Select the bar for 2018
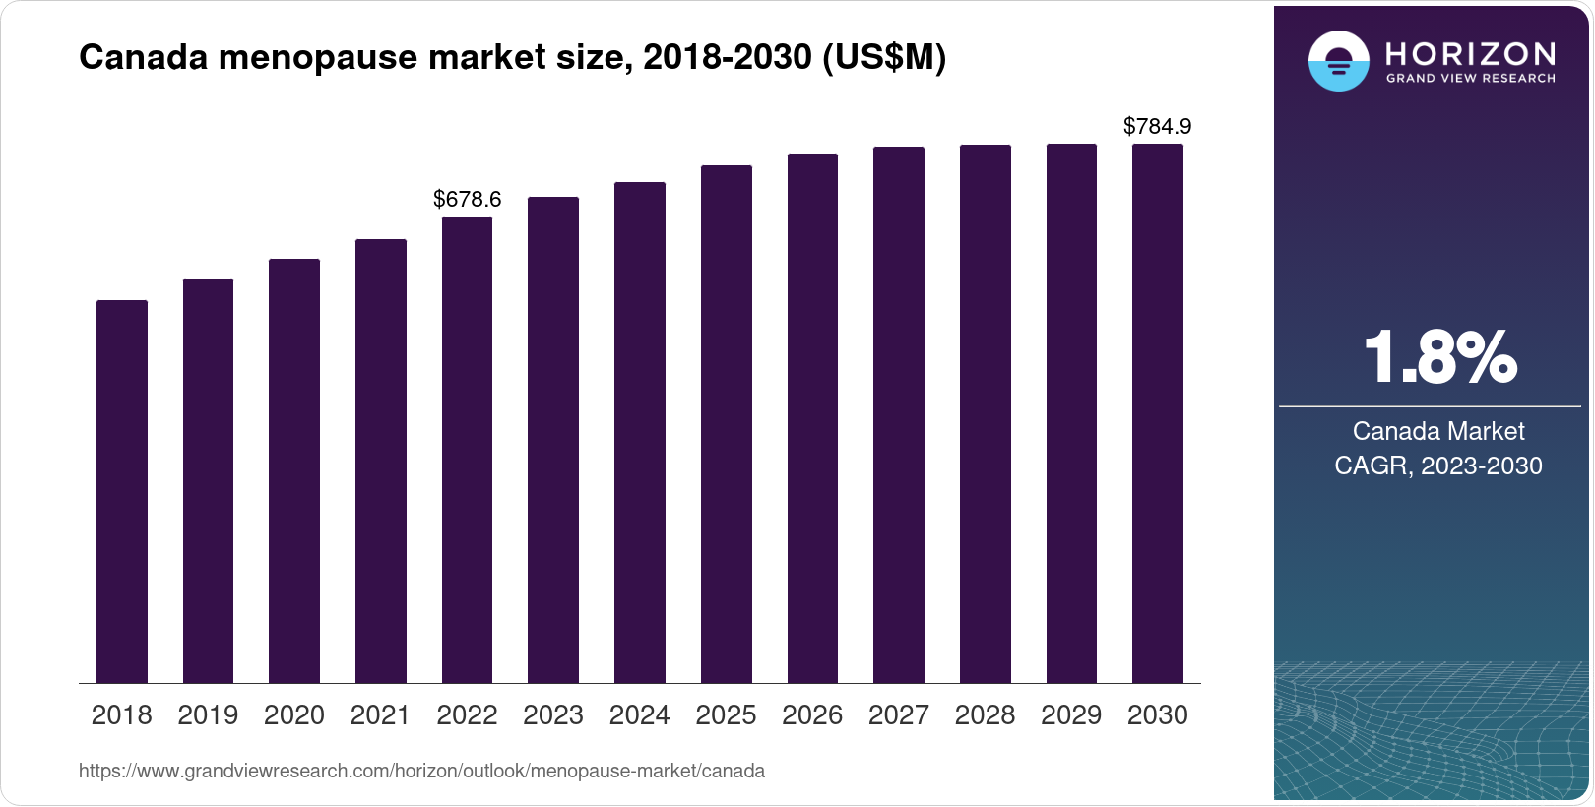click(x=122, y=492)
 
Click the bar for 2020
click(x=294, y=471)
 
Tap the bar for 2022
click(x=467, y=450)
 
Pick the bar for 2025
click(x=726, y=424)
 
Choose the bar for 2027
click(x=899, y=415)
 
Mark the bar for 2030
click(x=1158, y=413)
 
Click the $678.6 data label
click(x=468, y=200)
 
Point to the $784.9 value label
click(x=1158, y=127)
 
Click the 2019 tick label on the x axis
click(x=208, y=715)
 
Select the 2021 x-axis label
click(x=380, y=715)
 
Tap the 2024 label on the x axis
click(x=639, y=715)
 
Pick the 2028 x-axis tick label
click(x=985, y=715)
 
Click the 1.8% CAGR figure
click(x=1439, y=358)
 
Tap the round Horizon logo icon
click(x=1338, y=61)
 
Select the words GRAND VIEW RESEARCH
click(x=1471, y=79)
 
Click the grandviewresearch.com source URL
click(x=421, y=772)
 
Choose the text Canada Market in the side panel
click(x=1438, y=431)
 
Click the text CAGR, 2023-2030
click(x=1438, y=466)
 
